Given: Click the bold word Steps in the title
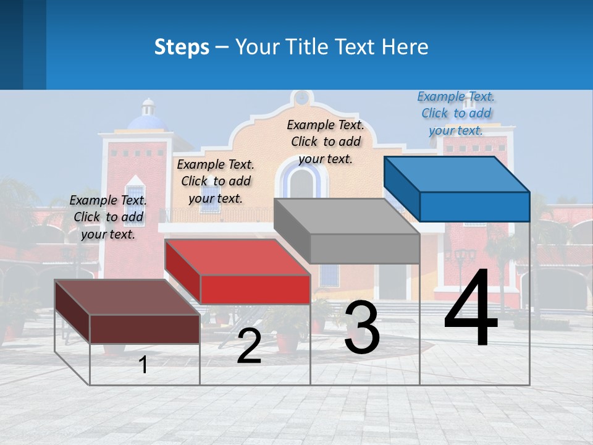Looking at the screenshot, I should tap(182, 47).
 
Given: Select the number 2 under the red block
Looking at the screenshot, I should tap(249, 346).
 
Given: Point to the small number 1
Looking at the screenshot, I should tap(143, 365).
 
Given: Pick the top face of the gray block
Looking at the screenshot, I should tap(347, 216).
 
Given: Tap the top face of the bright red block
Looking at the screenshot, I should tap(238, 256).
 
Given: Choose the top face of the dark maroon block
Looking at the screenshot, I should tap(127, 297).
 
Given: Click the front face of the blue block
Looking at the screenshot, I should tap(474, 206).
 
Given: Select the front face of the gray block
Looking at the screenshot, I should tap(364, 248).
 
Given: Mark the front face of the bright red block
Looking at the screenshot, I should tap(255, 289).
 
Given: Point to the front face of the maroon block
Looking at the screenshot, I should tap(145, 329).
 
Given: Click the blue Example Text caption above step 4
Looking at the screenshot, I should tap(456, 114).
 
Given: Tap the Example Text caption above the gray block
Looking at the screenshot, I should tap(326, 142).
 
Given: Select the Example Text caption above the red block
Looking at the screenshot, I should tap(216, 181).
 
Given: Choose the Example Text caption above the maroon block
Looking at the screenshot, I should tap(108, 217).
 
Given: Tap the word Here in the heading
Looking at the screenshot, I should tap(405, 47).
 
